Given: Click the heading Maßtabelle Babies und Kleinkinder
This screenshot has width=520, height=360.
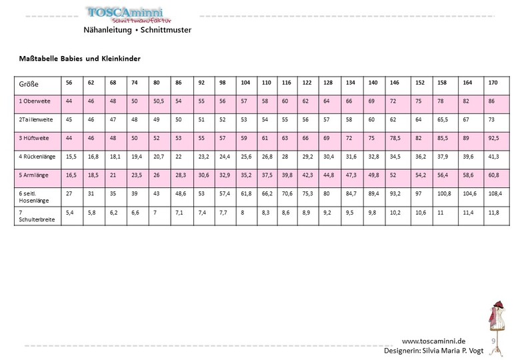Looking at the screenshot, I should tap(79, 59).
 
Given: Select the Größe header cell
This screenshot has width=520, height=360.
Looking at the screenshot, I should tap(29, 85).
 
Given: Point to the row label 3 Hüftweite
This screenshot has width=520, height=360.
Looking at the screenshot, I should tap(34, 138).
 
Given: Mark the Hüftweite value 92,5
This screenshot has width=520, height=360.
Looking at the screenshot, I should tap(493, 138).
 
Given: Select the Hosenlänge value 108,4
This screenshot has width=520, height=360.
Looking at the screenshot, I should tap(493, 195).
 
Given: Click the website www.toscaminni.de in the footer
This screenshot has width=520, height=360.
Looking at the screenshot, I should tap(433, 341).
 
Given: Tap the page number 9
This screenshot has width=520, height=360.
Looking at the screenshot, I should tap(493, 341).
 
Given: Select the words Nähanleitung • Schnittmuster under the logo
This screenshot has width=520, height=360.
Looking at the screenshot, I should tap(137, 30).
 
